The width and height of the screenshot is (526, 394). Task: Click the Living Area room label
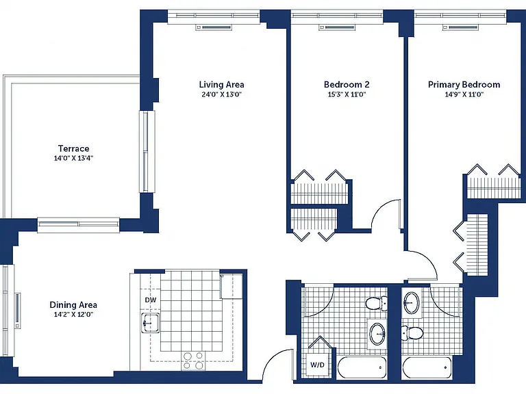tap(221, 84)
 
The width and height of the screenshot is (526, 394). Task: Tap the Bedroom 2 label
tap(347, 84)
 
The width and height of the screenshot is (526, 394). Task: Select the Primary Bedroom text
tap(464, 84)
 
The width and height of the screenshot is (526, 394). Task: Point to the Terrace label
tap(73, 148)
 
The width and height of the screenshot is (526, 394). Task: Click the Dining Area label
tap(73, 305)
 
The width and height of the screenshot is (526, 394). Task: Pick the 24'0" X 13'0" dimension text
tap(221, 94)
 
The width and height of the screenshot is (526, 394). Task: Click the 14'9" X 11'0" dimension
tap(464, 94)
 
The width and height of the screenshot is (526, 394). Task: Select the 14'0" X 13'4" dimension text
tap(73, 158)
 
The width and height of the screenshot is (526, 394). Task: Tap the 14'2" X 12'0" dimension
tap(73, 315)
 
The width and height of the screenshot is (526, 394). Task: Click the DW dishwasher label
tap(151, 300)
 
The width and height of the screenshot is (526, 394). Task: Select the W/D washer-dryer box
tap(317, 365)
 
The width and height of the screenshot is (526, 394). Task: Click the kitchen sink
tap(150, 324)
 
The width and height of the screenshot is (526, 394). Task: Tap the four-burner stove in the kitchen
tap(194, 361)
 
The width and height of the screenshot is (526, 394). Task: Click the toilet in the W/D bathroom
tap(376, 304)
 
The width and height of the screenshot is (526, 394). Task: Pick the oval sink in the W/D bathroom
tap(378, 334)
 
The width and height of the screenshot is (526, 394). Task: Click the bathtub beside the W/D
tap(362, 367)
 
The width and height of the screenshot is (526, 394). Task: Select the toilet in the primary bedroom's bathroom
tap(412, 332)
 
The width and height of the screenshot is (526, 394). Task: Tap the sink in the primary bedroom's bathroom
tap(412, 303)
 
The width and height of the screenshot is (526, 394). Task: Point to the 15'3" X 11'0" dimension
tap(347, 94)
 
